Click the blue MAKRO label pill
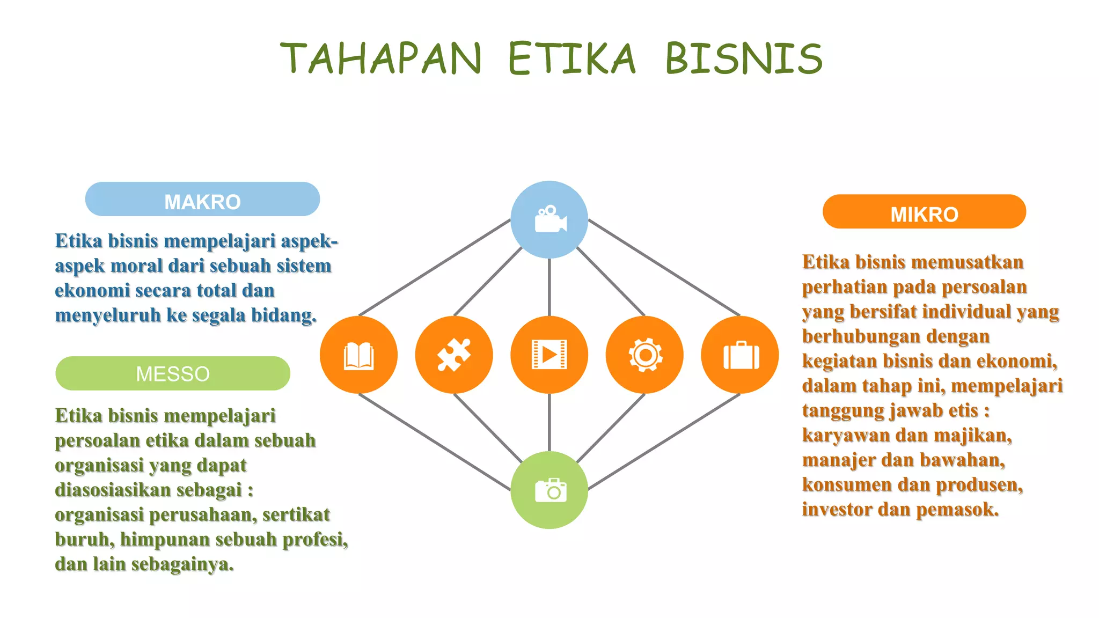pyautogui.click(x=202, y=200)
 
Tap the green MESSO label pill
pyautogui.click(x=172, y=373)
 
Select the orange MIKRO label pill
pyautogui.click(x=924, y=212)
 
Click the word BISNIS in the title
pyautogui.click(x=744, y=58)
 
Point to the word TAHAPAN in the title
pyautogui.click(x=381, y=58)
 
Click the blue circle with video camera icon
pyautogui.click(x=549, y=219)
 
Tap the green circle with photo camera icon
pyautogui.click(x=549, y=490)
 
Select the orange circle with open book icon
pyautogui.click(x=358, y=355)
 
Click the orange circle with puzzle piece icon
pyautogui.click(x=454, y=355)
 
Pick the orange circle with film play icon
pyautogui.click(x=549, y=355)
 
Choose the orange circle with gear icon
pyautogui.click(x=644, y=355)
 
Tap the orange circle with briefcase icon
pyautogui.click(x=739, y=355)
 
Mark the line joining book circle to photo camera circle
pyautogui.click(x=435, y=442)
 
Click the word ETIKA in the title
pyautogui.click(x=572, y=58)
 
